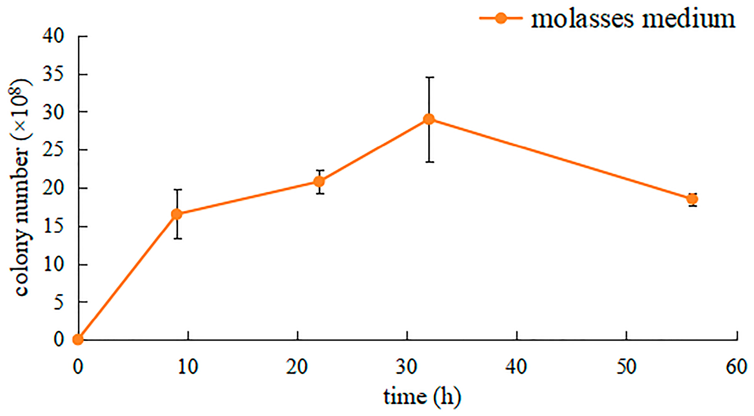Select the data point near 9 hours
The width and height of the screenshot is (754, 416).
coord(177,214)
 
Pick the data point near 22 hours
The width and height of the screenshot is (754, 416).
coord(319,182)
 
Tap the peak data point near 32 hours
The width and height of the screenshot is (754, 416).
coord(429,119)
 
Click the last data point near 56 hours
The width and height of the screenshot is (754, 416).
coord(692,199)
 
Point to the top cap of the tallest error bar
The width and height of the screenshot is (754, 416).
coord(429,77)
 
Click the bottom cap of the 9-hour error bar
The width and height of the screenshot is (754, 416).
coord(177,239)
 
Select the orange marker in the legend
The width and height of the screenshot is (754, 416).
coord(501,18)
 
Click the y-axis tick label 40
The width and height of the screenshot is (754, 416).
coord(53,37)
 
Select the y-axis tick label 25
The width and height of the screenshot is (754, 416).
coord(53,150)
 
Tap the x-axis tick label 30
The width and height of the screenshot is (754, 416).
coord(407,367)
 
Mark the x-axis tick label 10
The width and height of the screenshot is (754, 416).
coord(188,367)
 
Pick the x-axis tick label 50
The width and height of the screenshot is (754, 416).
coord(626,367)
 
